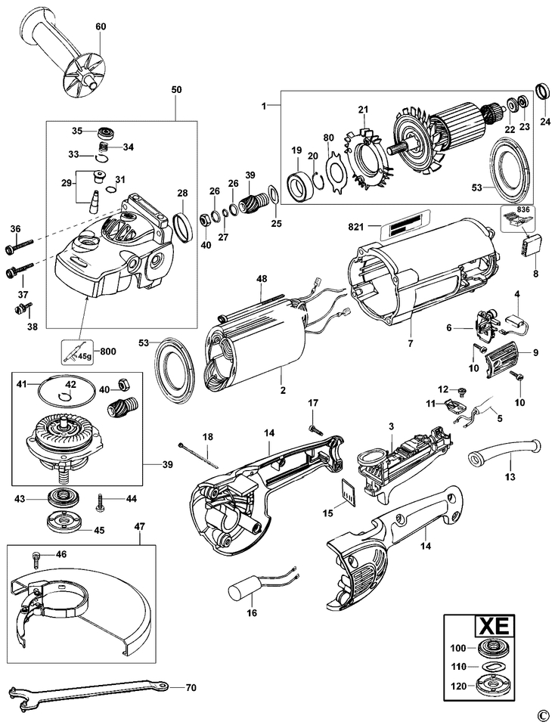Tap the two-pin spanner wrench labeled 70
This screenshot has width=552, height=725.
(83, 689)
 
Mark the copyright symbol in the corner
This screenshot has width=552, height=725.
(541, 714)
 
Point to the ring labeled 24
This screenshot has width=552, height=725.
(542, 91)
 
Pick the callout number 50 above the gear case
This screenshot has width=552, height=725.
(176, 90)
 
